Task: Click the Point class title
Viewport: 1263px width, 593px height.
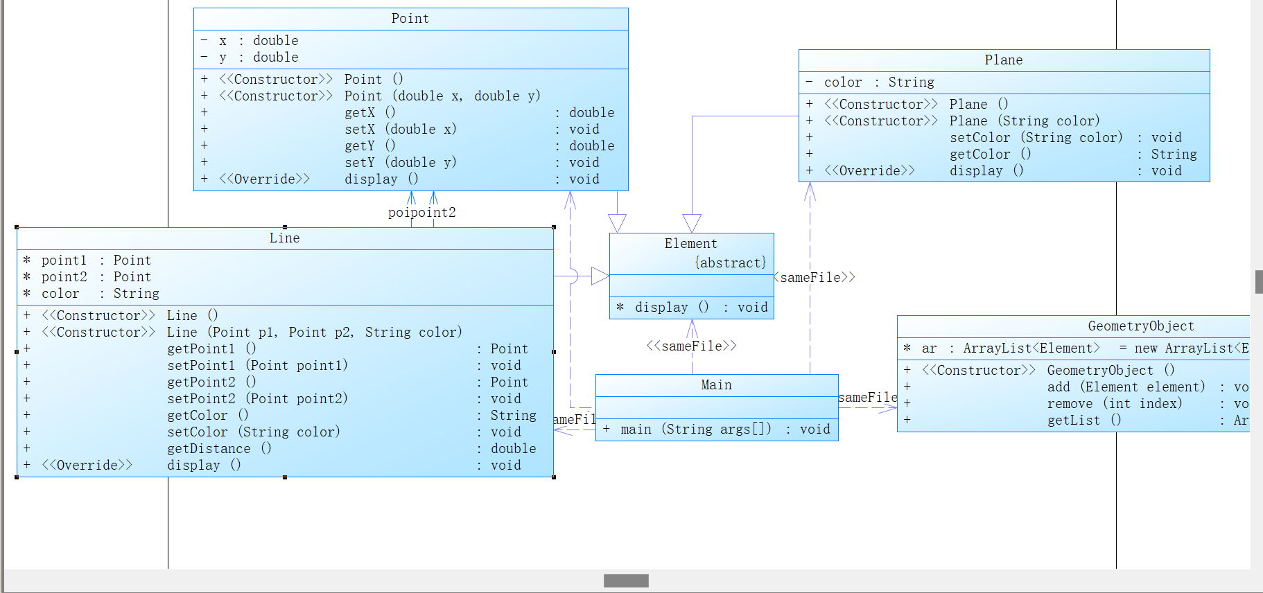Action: pyautogui.click(x=410, y=19)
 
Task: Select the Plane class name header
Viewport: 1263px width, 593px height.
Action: pyautogui.click(x=1003, y=60)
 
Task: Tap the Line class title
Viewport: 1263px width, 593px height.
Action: pyautogui.click(x=284, y=238)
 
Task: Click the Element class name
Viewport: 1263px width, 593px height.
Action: pyautogui.click(x=690, y=244)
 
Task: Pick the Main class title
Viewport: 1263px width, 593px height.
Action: pyautogui.click(x=716, y=385)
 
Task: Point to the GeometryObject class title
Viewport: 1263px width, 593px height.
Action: pyautogui.click(x=1140, y=326)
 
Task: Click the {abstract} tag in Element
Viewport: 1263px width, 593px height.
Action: pyautogui.click(x=731, y=263)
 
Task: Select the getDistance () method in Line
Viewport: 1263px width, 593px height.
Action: pyautogui.click(x=219, y=449)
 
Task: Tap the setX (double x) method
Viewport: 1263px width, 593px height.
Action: pyautogui.click(x=400, y=130)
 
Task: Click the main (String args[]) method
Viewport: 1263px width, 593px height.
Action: pyautogui.click(x=695, y=430)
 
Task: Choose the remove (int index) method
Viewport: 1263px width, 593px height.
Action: pyautogui.click(x=1114, y=404)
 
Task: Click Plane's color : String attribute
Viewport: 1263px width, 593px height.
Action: pyautogui.click(x=878, y=82)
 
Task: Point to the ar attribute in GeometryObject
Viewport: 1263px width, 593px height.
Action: pyautogui.click(x=929, y=348)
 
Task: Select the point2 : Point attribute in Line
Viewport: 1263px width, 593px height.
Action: pyautogui.click(x=96, y=277)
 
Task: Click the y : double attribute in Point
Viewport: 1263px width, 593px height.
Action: pyautogui.click(x=259, y=57)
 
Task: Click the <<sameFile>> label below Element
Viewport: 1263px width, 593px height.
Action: pyautogui.click(x=691, y=346)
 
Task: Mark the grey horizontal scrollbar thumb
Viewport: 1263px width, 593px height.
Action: pyautogui.click(x=626, y=581)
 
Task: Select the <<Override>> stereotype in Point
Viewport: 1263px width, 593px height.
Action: pyautogui.click(x=265, y=179)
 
